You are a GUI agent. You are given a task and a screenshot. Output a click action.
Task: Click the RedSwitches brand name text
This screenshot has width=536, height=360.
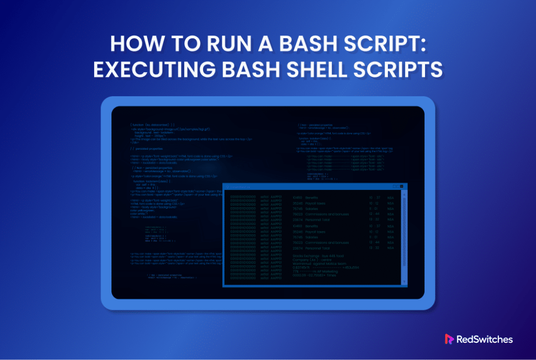[486, 339]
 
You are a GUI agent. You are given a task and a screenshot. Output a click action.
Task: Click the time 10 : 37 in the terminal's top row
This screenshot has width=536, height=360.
[374, 198]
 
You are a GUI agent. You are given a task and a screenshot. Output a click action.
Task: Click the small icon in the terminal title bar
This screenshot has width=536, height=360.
[227, 187]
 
